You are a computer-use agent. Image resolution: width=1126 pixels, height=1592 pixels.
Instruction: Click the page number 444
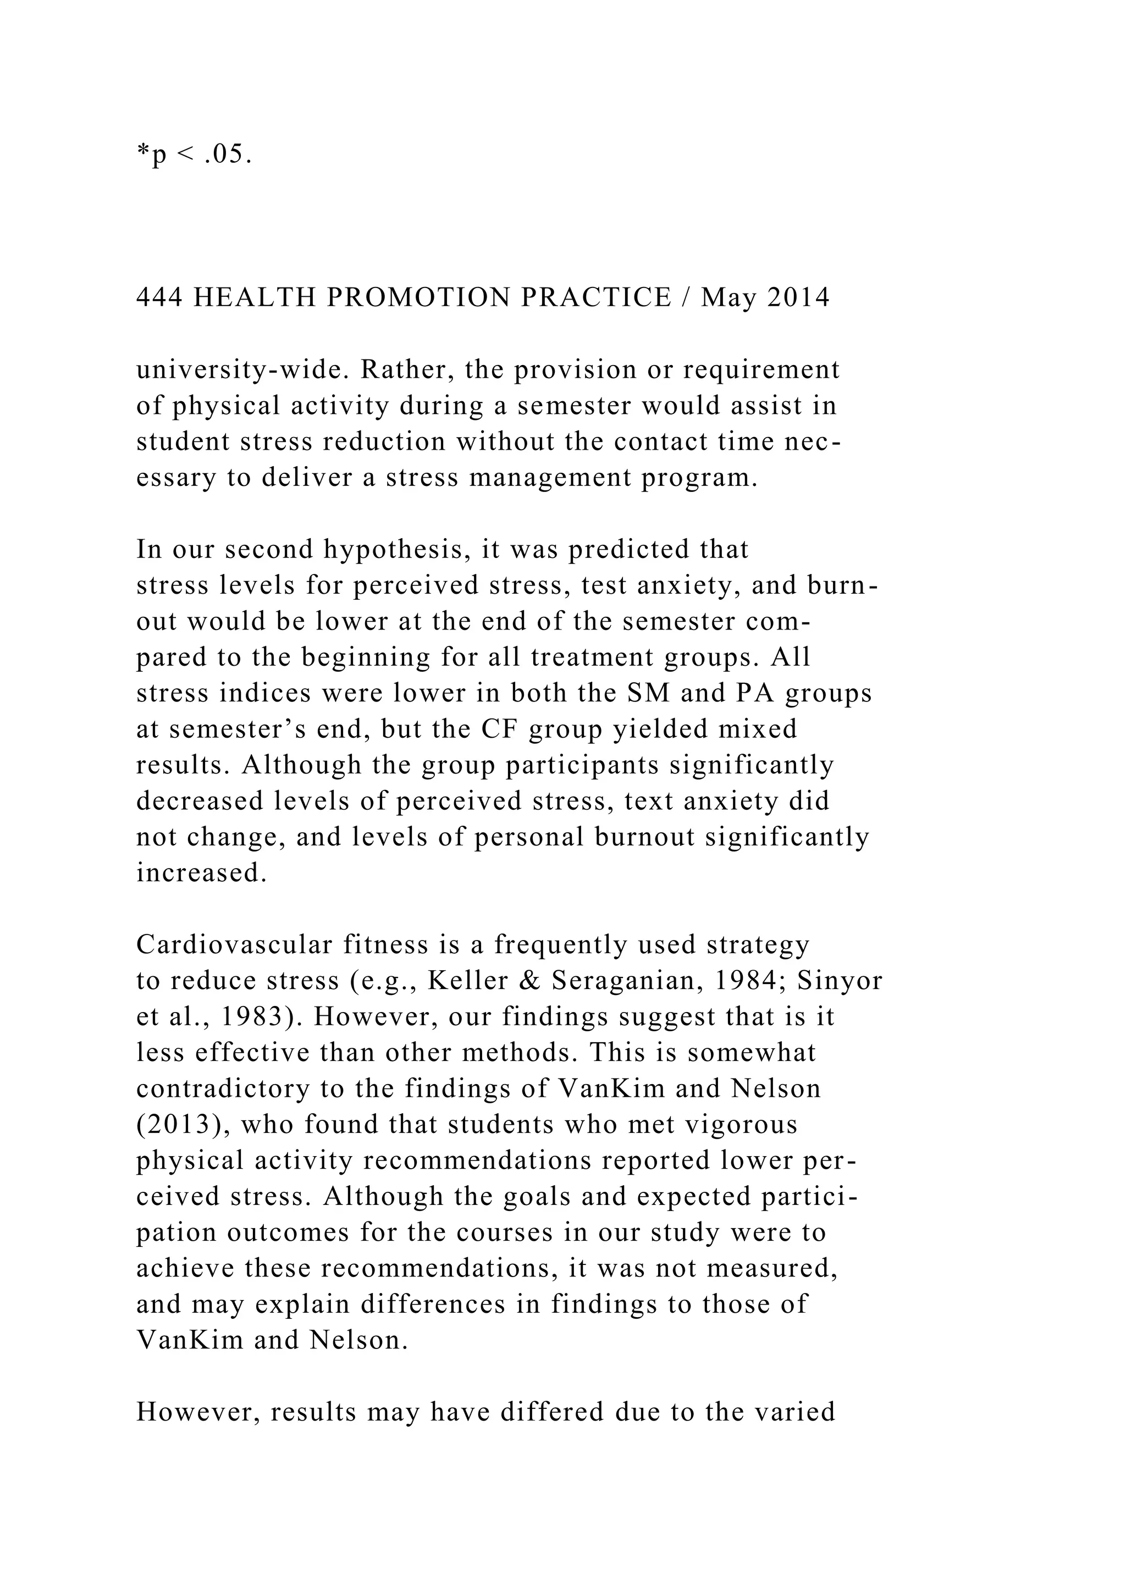(159, 297)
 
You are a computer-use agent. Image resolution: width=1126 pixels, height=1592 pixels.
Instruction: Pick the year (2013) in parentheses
(183, 1125)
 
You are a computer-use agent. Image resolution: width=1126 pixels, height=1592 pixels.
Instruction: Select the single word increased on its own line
(201, 872)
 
